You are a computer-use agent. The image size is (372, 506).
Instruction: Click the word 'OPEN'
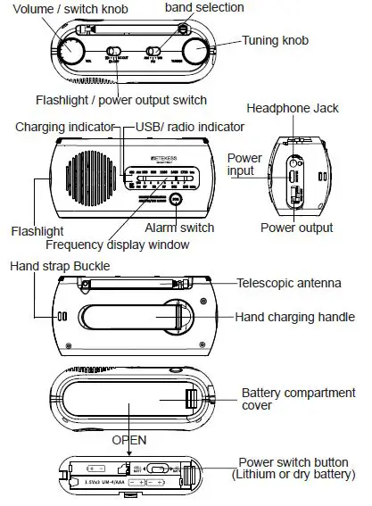(x=129, y=441)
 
